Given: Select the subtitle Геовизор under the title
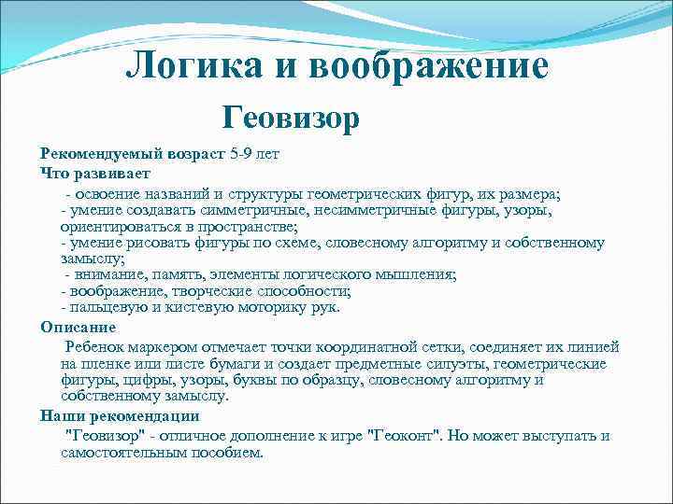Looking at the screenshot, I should pyautogui.click(x=291, y=118).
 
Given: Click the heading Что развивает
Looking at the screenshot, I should pyautogui.click(x=95, y=173).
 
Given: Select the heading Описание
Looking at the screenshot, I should pyautogui.click(x=78, y=327).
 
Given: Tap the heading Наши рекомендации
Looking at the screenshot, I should pyautogui.click(x=120, y=415).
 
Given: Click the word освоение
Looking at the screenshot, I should pyautogui.click(x=110, y=193).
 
